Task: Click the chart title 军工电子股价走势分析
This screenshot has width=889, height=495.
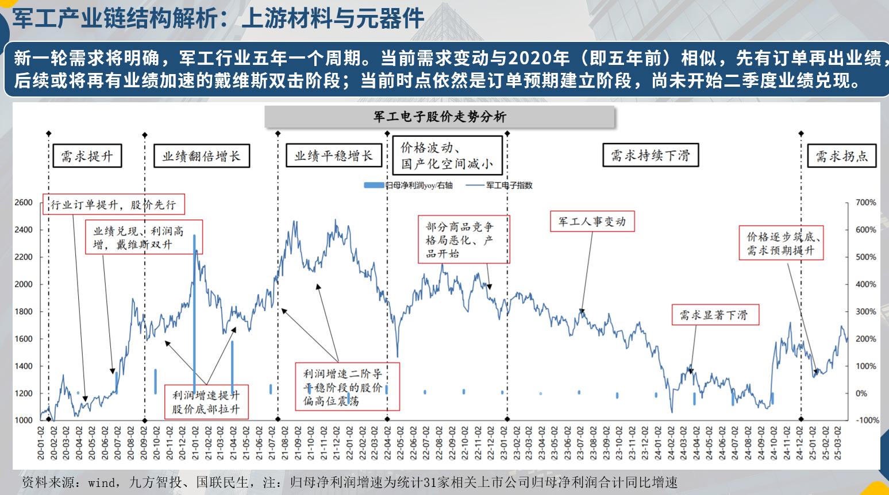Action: click(440, 117)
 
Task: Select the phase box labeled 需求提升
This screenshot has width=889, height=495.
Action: click(87, 156)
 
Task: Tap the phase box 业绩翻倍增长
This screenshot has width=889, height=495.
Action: click(201, 156)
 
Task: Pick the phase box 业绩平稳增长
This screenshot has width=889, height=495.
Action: click(333, 155)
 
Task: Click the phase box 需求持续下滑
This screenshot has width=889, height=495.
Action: click(650, 155)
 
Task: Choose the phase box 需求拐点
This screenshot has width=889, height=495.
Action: click(841, 156)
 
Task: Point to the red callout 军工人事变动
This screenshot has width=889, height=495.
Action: click(592, 222)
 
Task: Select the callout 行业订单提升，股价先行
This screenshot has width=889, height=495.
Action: click(113, 204)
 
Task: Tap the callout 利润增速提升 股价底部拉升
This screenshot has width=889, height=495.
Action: click(206, 401)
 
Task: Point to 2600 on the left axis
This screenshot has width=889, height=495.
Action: click(24, 203)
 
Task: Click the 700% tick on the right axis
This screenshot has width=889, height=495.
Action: click(865, 203)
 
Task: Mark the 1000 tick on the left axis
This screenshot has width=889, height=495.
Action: click(24, 420)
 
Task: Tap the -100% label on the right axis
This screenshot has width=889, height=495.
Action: click(867, 420)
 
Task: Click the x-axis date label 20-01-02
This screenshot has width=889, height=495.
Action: click(41, 443)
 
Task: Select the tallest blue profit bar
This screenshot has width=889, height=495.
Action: click(194, 310)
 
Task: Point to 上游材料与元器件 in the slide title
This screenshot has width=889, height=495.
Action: click(333, 19)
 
